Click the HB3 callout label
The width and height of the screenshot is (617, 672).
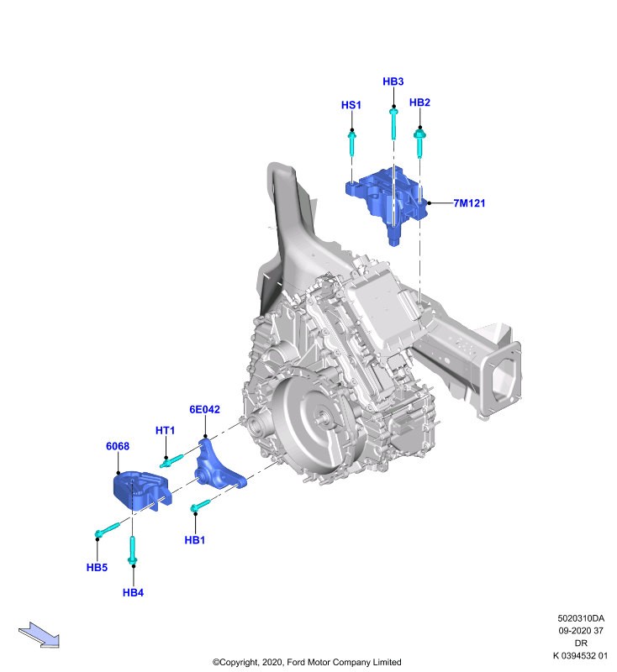(393, 81)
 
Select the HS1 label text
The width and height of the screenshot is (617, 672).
(351, 105)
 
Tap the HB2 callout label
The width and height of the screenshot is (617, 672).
(419, 102)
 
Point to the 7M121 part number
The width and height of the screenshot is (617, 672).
(469, 203)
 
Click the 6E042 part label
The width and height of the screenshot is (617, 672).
(204, 409)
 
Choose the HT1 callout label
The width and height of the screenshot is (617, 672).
(165, 430)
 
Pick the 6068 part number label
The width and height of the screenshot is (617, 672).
(118, 446)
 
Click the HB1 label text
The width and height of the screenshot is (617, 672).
(195, 540)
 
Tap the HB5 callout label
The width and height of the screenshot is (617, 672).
(97, 568)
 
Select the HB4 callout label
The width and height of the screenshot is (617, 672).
(133, 593)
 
